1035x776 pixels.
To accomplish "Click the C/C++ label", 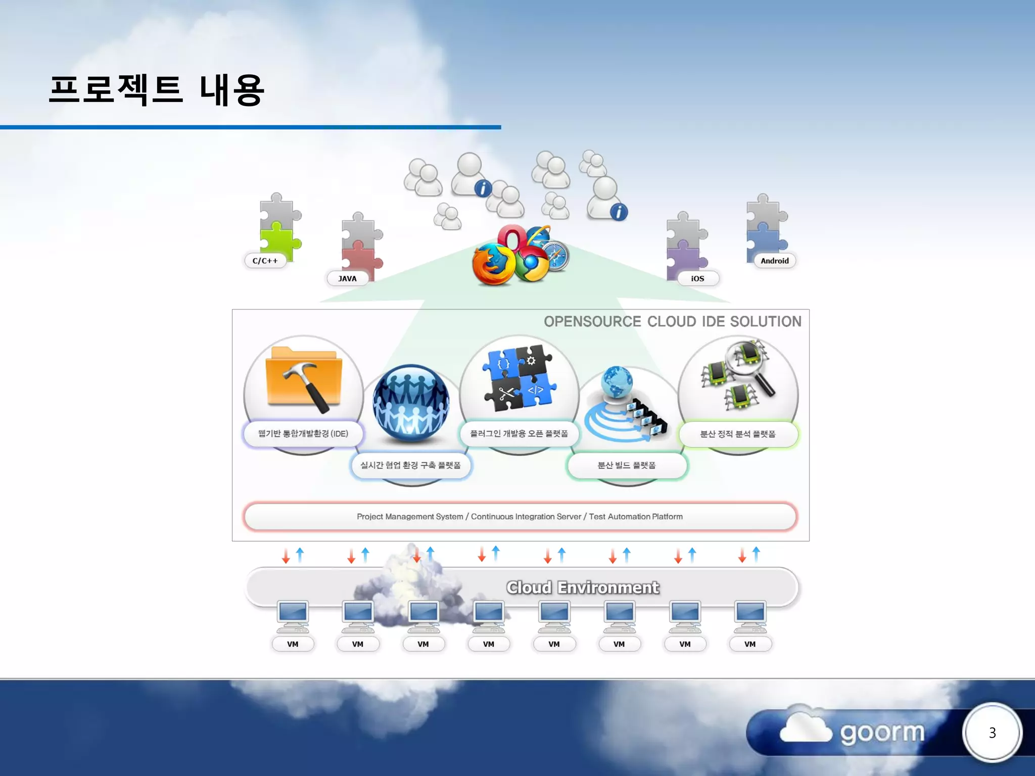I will click(265, 261).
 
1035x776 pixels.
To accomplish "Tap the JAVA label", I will click(347, 278).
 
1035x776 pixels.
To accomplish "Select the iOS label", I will click(697, 278).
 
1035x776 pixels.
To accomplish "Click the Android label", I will click(774, 261).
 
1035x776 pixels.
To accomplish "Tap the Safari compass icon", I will click(556, 257).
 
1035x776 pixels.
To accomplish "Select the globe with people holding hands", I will click(410, 402).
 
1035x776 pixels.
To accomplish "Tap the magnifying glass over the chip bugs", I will click(748, 366).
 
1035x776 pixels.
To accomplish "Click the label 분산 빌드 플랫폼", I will click(627, 465).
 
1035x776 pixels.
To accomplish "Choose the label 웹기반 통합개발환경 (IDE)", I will click(303, 433).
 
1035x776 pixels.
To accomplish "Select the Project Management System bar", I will click(520, 516).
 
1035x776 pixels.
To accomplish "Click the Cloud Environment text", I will click(582, 587).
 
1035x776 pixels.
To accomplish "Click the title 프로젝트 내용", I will click(157, 89).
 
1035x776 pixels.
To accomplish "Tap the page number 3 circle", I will click(992, 733).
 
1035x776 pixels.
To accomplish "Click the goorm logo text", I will click(882, 733).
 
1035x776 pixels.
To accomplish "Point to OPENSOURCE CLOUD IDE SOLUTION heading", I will click(672, 321).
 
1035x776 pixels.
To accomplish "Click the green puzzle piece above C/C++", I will click(278, 241).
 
